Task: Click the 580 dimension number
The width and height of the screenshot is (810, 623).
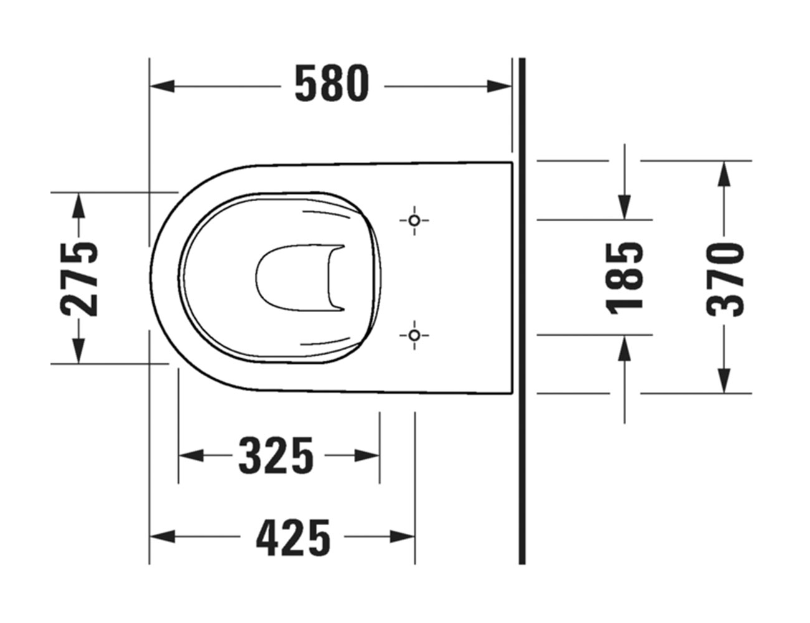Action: (331, 84)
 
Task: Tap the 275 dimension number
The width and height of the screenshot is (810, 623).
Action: (79, 280)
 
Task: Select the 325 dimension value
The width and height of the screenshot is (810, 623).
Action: (276, 455)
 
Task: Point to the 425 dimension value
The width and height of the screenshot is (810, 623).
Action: (293, 537)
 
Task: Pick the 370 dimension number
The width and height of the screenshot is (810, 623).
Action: (725, 280)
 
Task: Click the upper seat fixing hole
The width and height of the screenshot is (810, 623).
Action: (414, 221)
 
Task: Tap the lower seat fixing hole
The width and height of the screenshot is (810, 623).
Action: (414, 335)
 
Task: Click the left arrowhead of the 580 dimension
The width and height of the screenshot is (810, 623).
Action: (162, 86)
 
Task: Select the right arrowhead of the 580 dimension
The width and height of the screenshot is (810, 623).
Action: (499, 86)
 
